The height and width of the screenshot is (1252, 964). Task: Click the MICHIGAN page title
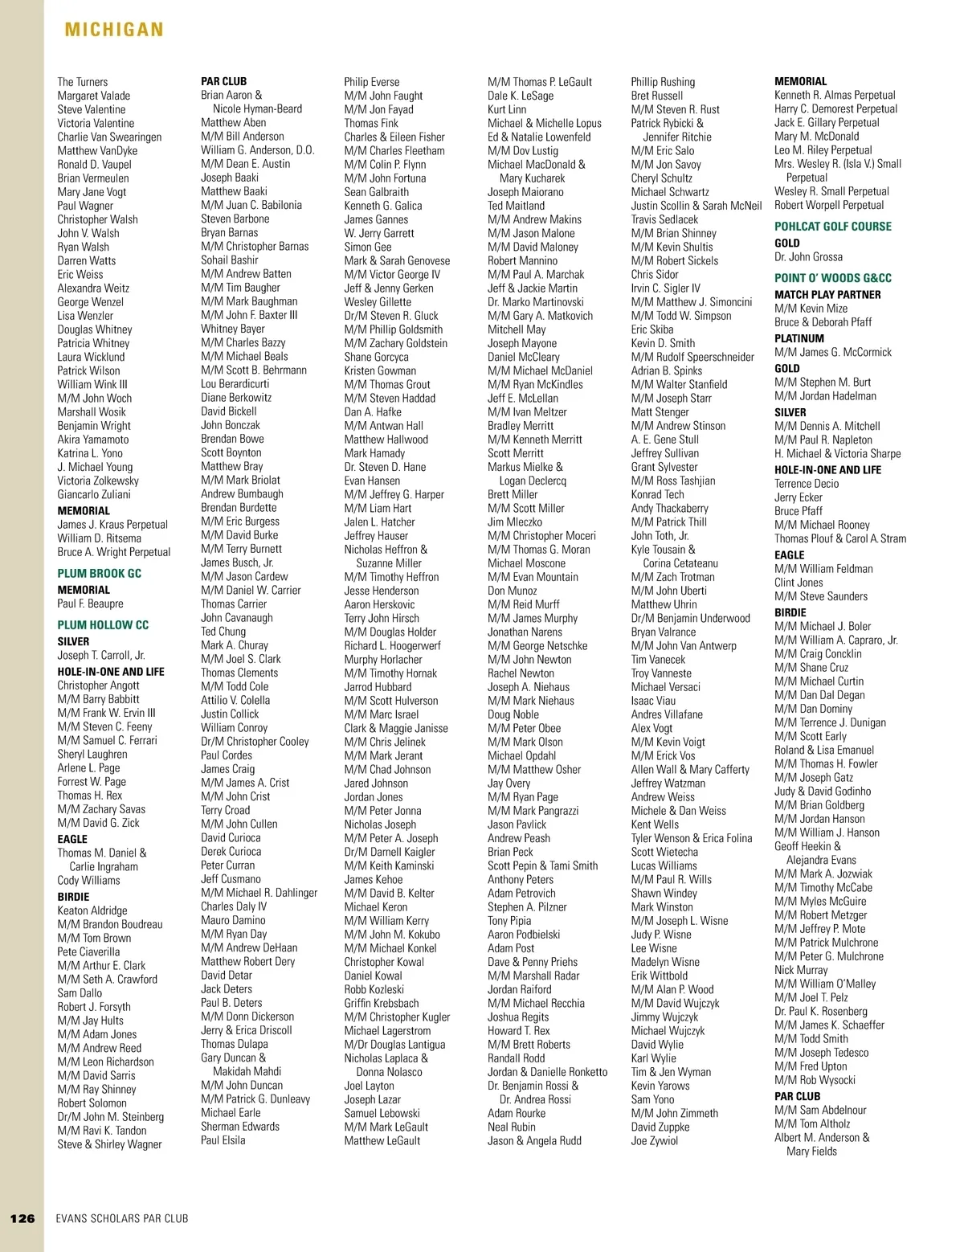(x=114, y=30)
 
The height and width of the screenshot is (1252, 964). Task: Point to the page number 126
(x=22, y=1218)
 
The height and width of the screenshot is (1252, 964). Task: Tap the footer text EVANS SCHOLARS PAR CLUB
(x=122, y=1218)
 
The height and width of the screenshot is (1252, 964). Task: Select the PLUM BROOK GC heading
(x=99, y=573)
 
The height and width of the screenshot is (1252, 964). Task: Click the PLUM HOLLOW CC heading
(x=103, y=624)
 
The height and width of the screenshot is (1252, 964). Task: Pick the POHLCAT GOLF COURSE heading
(x=832, y=227)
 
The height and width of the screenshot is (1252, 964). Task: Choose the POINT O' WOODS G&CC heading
(x=832, y=278)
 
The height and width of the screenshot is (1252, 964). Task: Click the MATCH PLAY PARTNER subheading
(x=827, y=294)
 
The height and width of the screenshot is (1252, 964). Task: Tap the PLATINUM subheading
(x=799, y=338)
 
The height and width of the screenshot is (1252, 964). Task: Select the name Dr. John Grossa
(x=808, y=257)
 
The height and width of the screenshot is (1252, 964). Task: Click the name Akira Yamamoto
(x=92, y=440)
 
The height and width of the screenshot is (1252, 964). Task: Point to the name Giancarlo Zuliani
(x=93, y=494)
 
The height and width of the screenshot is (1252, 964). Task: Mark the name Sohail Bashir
(x=229, y=260)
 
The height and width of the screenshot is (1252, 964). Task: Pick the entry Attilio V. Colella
(x=235, y=700)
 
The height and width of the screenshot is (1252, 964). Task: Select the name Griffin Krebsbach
(x=382, y=1003)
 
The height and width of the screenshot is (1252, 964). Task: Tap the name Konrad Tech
(x=657, y=494)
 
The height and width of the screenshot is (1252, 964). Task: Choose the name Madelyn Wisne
(x=665, y=962)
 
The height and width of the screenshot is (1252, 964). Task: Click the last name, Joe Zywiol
(x=654, y=1140)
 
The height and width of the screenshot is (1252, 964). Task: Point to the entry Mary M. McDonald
(x=816, y=137)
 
